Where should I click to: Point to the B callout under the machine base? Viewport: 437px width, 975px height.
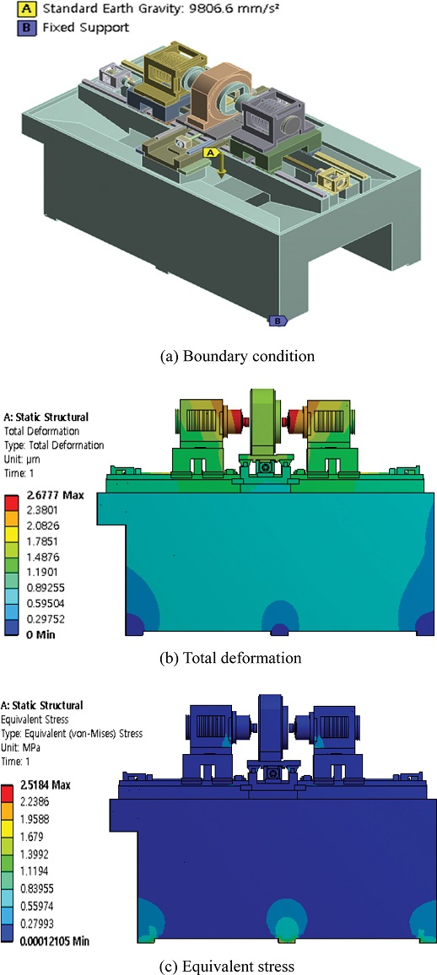(278, 321)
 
